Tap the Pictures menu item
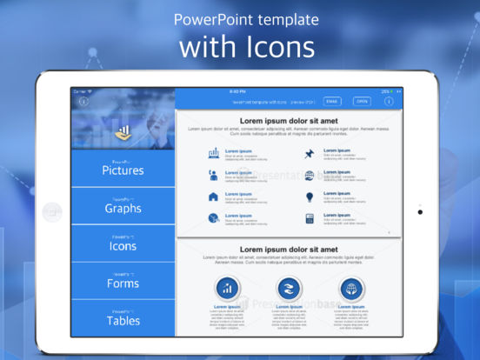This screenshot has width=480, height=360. tap(123, 170)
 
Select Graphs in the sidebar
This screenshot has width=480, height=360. tap(123, 208)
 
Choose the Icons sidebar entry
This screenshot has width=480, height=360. tap(123, 245)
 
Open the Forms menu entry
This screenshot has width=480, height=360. tap(123, 283)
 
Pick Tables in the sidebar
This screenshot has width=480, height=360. tap(123, 320)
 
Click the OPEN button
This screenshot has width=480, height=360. tap(362, 102)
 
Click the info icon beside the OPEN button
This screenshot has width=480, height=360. tap(388, 102)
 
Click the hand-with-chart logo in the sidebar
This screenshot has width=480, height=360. tap(123, 132)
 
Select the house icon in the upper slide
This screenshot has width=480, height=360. tap(213, 197)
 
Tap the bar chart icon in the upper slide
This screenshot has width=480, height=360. tap(213, 154)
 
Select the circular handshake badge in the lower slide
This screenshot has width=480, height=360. tap(289, 289)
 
